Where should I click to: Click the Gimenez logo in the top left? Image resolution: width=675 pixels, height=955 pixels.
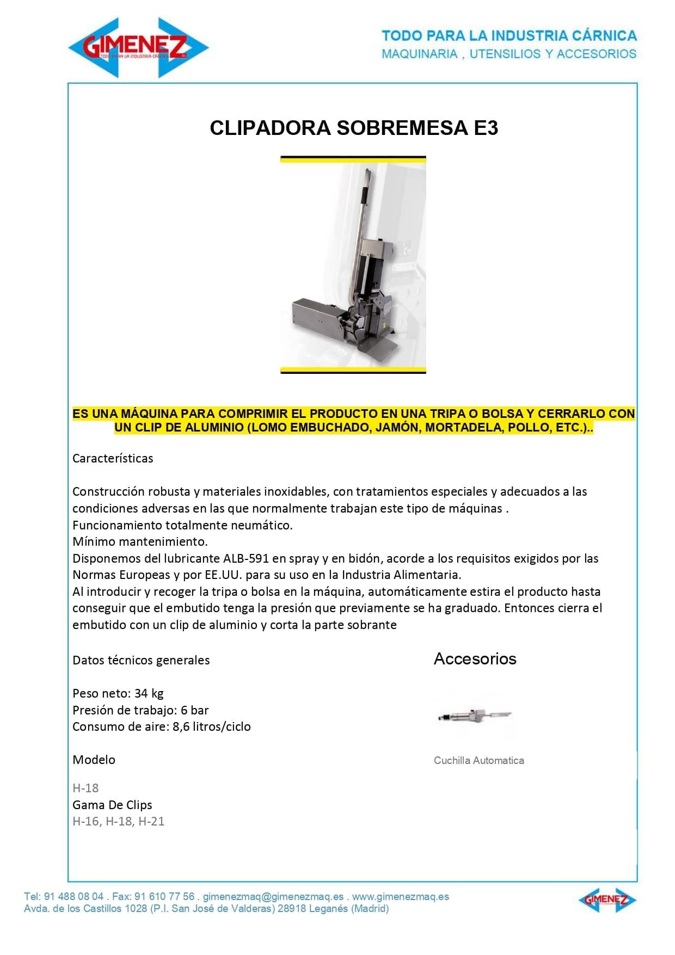coord(138,47)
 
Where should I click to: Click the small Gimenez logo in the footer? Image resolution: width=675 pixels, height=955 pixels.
coord(607,900)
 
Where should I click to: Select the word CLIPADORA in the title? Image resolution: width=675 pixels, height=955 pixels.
coord(270,128)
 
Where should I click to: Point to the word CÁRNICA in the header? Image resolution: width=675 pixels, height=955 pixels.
coord(604,36)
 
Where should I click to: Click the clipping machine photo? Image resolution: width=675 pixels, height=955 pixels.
coord(353,265)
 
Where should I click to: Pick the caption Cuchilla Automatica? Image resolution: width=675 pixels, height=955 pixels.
coord(478,760)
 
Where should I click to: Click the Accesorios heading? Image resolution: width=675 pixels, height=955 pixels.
coord(475,659)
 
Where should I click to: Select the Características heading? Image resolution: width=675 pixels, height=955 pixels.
coord(113,458)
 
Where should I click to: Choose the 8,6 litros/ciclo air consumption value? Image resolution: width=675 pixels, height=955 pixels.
coord(212,726)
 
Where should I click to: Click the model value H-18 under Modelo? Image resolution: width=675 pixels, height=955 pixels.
coord(85,787)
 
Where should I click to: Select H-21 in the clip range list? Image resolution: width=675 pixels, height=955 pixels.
coord(151,821)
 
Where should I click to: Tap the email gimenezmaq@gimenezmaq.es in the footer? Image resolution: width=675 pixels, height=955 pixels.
coord(273,896)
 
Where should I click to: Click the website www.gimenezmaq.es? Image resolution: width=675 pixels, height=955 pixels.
coord(401,896)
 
